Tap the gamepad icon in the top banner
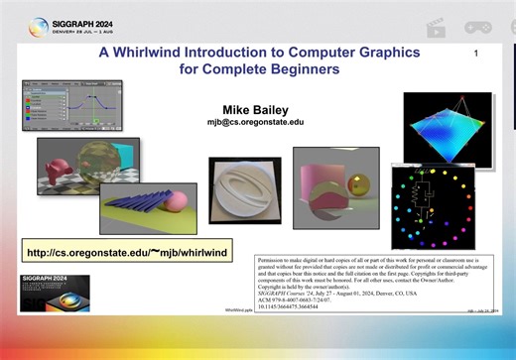pos(488,27)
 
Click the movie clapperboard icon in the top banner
pos(434,27)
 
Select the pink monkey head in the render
pos(60,159)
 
